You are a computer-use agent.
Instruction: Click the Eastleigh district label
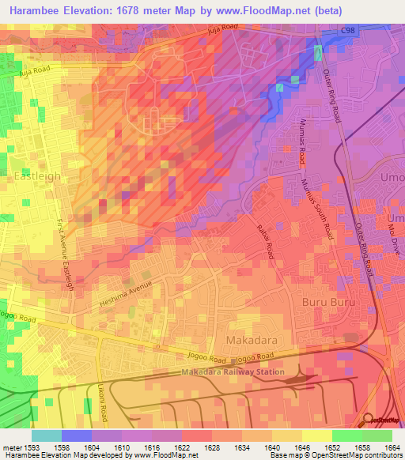pos(37,176)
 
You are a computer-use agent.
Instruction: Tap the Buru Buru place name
pos(326,303)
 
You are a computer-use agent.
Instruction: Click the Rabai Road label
pos(265,240)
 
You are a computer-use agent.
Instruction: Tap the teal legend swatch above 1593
pos(46,435)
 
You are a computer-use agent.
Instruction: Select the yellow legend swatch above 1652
pos(316,435)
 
